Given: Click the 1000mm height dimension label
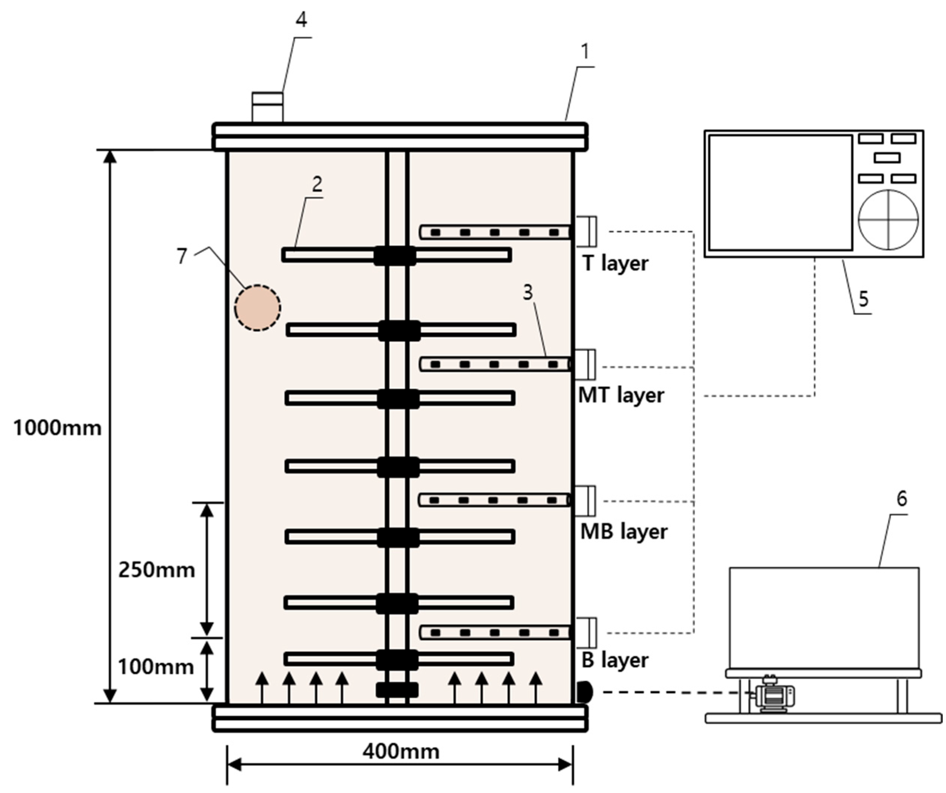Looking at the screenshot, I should pyautogui.click(x=58, y=428).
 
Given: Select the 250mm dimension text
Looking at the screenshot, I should pyautogui.click(x=156, y=570).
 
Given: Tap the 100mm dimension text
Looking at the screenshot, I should pyautogui.click(x=155, y=667).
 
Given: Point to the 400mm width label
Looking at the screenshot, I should pyautogui.click(x=401, y=751).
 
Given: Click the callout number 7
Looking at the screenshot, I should pyautogui.click(x=181, y=256).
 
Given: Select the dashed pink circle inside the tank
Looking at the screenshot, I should pyautogui.click(x=258, y=308).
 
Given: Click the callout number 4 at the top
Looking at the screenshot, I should pyautogui.click(x=301, y=20).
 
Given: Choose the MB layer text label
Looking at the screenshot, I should pyautogui.click(x=624, y=532).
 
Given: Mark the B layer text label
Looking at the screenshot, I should pyautogui.click(x=615, y=660).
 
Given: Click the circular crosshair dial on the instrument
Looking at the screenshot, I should pyautogui.click(x=888, y=220).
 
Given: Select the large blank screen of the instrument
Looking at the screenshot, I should pyautogui.click(x=780, y=192).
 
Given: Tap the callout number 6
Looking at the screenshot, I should pyautogui.click(x=901, y=499).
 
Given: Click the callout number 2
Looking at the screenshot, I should pyautogui.click(x=317, y=184).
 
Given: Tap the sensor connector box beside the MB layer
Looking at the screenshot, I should pyautogui.click(x=586, y=501).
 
